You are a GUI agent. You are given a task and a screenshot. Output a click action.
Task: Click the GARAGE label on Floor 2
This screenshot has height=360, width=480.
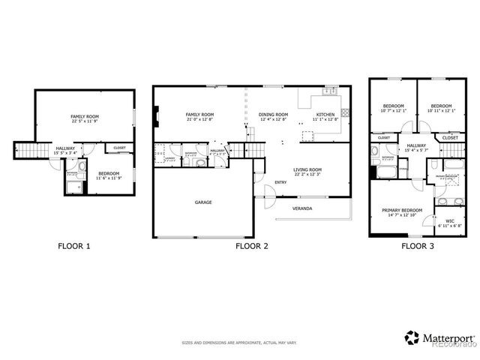click(203, 202)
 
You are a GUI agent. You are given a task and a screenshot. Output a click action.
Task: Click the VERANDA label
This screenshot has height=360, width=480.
click(302, 208)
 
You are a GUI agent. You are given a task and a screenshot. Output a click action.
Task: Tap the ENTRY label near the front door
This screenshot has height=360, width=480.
click(280, 182)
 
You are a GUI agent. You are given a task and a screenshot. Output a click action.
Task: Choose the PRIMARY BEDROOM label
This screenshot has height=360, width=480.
click(401, 211)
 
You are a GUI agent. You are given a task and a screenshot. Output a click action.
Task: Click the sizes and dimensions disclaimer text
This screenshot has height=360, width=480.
click(239, 343)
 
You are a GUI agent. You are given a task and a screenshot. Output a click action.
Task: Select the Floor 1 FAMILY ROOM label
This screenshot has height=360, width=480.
click(85, 118)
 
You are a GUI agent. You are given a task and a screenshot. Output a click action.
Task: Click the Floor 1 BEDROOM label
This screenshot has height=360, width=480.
click(108, 175)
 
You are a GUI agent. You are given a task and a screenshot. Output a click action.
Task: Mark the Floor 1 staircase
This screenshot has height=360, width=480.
click(28, 151)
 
